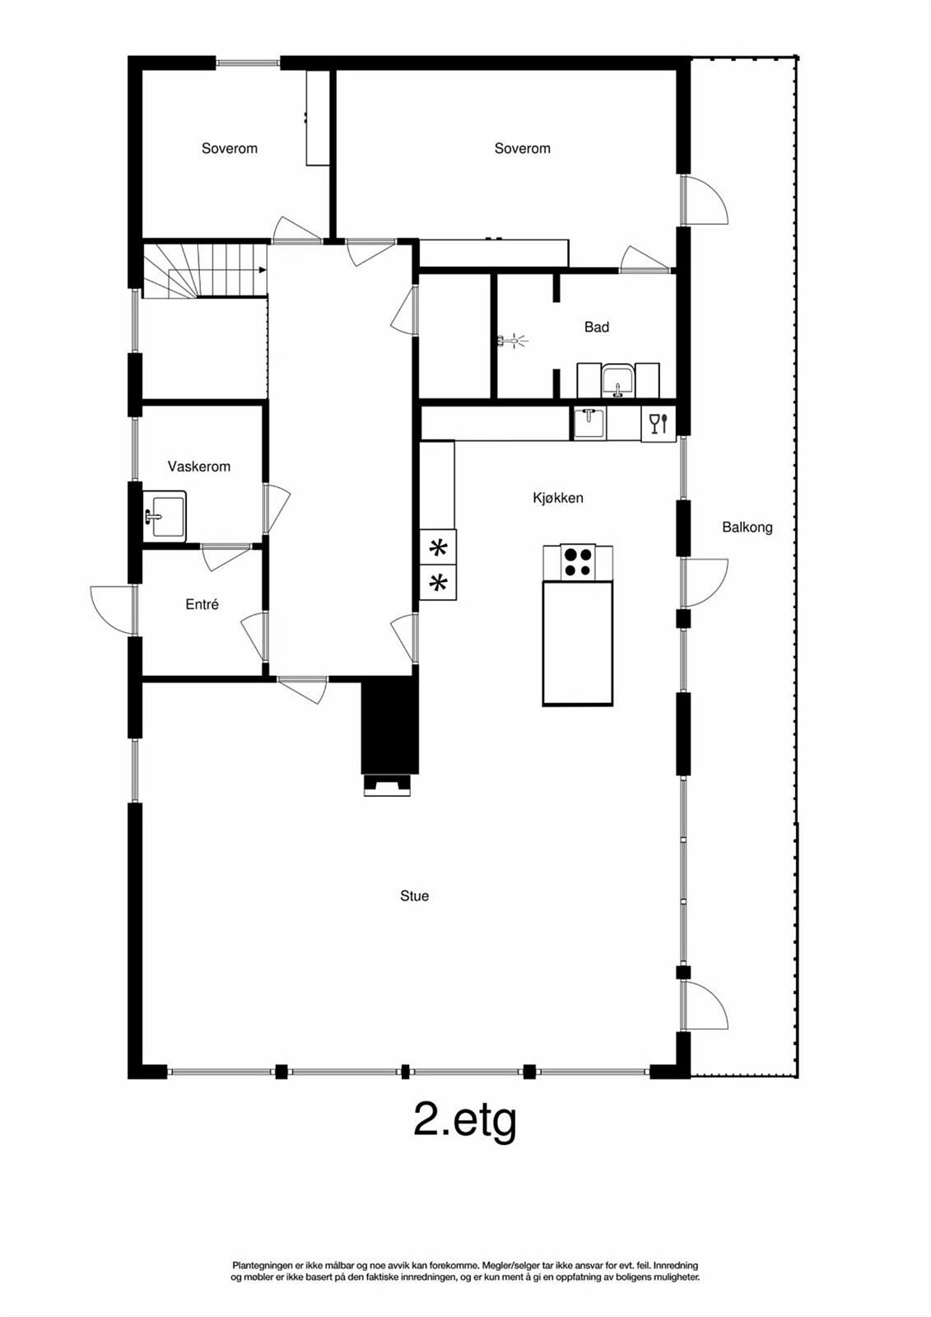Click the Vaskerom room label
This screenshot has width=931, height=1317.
198,467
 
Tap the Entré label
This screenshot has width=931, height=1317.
202,604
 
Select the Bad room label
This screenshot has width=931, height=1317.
596,328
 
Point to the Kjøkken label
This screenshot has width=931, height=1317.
557,498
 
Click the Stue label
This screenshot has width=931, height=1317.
414,896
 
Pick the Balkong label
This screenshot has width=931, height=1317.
747,528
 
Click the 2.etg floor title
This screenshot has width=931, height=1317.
464,1119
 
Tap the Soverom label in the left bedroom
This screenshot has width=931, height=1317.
229,149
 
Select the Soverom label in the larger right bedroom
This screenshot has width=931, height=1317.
522,149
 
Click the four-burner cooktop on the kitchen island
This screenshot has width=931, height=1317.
578,562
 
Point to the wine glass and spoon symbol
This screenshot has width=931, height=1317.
659,424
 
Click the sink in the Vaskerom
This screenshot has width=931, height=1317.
165,516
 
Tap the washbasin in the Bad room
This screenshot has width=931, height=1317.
617,381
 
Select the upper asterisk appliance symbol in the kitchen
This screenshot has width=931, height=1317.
439,547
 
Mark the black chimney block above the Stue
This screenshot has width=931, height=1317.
389,724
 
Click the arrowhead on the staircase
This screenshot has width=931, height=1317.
262,269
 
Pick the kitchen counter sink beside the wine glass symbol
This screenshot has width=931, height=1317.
589,423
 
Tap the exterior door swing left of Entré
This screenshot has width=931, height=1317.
111,607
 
